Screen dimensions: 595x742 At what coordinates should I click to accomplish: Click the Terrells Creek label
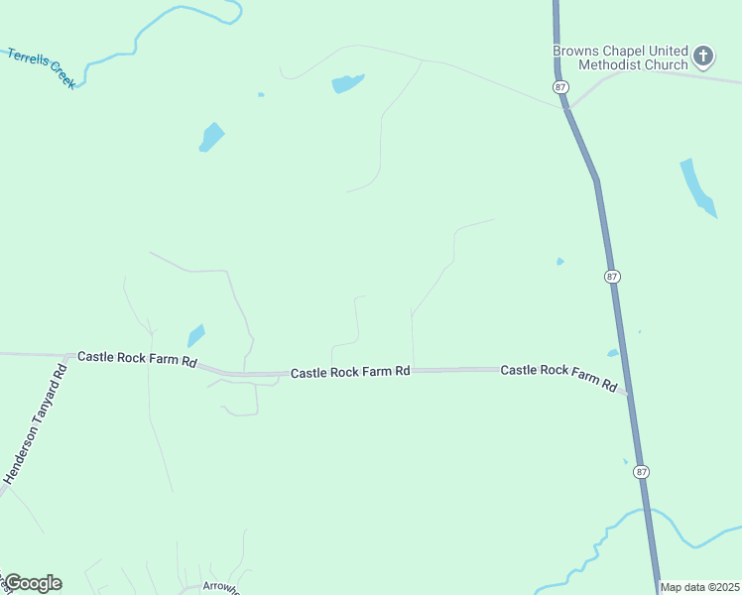click(42, 68)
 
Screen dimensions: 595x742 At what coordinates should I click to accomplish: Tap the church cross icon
click(703, 56)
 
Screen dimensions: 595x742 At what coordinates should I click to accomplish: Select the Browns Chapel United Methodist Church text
click(621, 58)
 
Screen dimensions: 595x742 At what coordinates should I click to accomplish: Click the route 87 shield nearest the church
click(561, 87)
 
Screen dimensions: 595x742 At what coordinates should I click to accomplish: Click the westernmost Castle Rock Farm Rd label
click(137, 357)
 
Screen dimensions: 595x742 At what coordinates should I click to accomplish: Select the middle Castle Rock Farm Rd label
click(350, 372)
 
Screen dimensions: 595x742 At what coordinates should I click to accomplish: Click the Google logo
click(33, 583)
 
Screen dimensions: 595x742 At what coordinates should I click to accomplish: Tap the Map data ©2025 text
click(699, 587)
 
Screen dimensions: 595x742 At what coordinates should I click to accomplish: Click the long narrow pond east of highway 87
click(696, 186)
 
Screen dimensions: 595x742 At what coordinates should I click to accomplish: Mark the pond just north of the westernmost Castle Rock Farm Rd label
click(195, 336)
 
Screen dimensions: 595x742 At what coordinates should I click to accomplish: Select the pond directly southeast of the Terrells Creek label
click(211, 136)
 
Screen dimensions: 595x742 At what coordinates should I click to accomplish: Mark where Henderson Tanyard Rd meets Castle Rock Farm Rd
click(66, 355)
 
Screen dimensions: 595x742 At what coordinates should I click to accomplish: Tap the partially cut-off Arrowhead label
click(220, 586)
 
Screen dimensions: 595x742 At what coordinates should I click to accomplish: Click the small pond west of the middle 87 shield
click(560, 262)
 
